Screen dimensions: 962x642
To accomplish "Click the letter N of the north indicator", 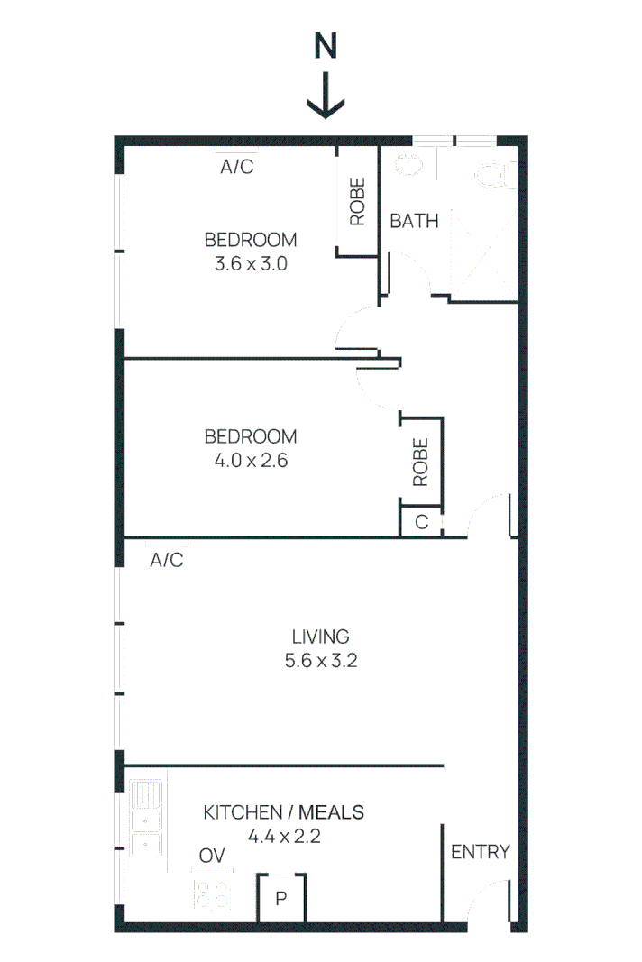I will click(326, 46).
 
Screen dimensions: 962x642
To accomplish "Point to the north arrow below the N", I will click(326, 97).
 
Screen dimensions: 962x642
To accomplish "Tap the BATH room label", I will click(414, 220).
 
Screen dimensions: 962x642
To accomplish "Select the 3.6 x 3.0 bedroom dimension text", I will click(250, 265).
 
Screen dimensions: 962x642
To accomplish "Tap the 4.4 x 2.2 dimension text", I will click(284, 836).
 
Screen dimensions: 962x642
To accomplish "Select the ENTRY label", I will click(481, 851).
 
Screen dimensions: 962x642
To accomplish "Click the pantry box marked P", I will click(281, 898).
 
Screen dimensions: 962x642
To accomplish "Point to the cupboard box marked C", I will click(421, 522).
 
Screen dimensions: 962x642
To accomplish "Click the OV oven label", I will click(212, 856).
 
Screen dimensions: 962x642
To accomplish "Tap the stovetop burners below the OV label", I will click(213, 893).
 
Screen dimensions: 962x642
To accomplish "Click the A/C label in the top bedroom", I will click(237, 167).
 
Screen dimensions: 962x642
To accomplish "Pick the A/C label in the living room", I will click(167, 560).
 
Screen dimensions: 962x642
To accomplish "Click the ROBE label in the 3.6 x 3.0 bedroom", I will click(358, 201).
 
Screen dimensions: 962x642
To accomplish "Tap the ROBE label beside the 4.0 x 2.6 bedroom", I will click(421, 463).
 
